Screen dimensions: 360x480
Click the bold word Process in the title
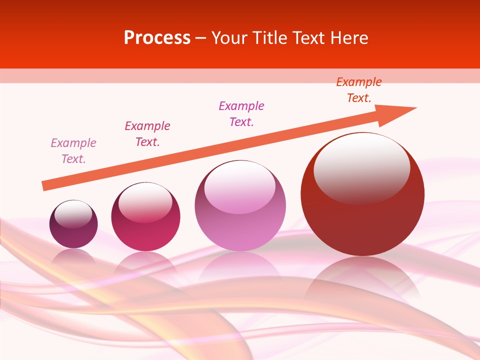(157, 38)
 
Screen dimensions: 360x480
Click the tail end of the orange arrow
(44, 186)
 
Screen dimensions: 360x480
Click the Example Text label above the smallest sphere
(73, 151)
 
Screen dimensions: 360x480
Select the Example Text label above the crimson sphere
(147, 134)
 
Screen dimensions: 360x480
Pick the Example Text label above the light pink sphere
(241, 114)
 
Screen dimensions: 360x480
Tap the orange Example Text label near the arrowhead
(359, 90)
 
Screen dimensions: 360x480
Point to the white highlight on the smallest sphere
(73, 213)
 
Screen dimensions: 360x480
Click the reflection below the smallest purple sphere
(73, 256)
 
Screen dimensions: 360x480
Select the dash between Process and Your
(201, 38)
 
